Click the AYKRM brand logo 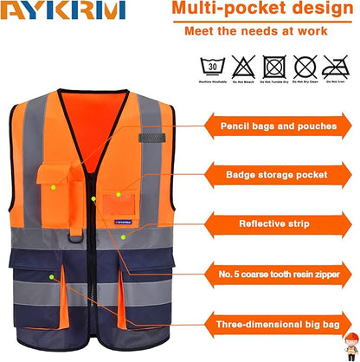pos(62,10)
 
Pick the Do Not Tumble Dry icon pos(275,66)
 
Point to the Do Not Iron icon pos(336,66)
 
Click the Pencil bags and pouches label pos(277,126)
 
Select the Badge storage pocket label pos(277,174)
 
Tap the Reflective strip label pos(277,223)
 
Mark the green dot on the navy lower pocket pos(53,277)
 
